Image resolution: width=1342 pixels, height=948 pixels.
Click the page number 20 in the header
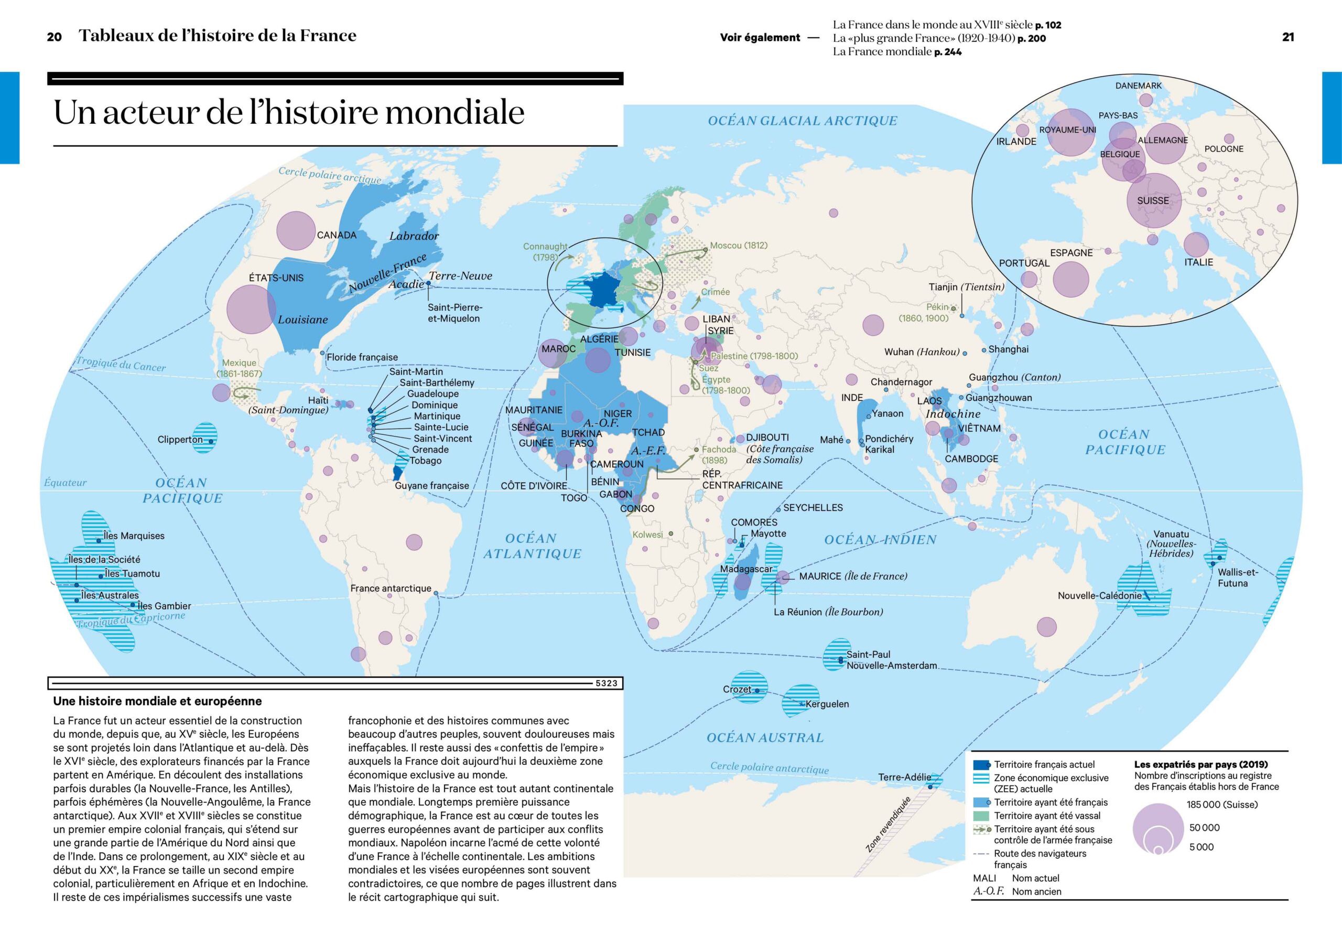(55, 37)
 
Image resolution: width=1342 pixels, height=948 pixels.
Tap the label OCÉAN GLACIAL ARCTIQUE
(802, 121)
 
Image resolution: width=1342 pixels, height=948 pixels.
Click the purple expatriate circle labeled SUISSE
(1153, 200)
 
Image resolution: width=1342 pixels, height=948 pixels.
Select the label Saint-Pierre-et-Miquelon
(454, 313)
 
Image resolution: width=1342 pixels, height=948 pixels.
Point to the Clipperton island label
(180, 439)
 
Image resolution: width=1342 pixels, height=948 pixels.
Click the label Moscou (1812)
(738, 246)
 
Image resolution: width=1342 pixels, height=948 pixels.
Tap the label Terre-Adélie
(904, 777)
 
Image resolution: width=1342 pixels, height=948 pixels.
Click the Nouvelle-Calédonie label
(1099, 595)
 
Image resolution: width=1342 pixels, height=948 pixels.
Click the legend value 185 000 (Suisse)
(1221, 805)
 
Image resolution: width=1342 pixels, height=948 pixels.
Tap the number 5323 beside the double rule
(606, 683)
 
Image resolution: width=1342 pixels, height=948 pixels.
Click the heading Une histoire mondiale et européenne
(158, 701)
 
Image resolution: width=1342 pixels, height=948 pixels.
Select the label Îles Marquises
(134, 536)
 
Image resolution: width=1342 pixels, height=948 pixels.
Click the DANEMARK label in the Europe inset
(1138, 86)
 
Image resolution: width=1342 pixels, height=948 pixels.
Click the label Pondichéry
(889, 439)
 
